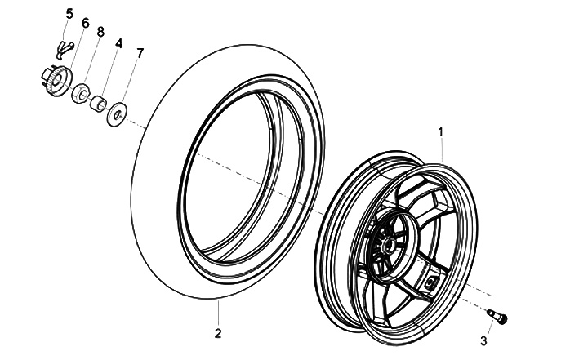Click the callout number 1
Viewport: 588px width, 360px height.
[442, 131]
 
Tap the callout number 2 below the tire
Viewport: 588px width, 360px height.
[217, 332]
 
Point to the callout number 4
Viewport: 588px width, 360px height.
[118, 42]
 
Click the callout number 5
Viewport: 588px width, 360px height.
[69, 14]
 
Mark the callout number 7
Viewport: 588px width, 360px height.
[140, 53]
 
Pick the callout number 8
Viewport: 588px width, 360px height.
[100, 32]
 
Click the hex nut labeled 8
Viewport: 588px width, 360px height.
[83, 91]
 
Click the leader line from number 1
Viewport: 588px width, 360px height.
[442, 151]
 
